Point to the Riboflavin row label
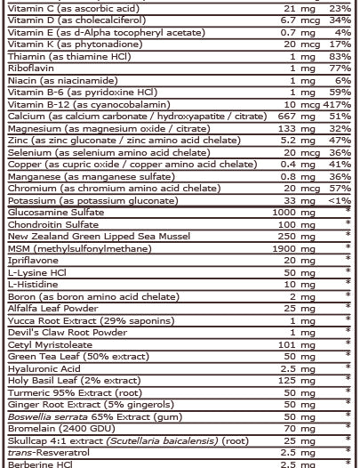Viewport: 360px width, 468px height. pyautogui.click(x=28, y=68)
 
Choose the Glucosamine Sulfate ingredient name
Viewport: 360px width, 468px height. pyautogui.click(x=55, y=213)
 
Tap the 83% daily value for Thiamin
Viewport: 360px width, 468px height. pyautogui.click(x=342, y=55)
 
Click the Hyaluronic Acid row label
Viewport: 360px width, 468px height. pyautogui.click(x=44, y=368)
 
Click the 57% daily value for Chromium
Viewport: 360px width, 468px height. pyautogui.click(x=342, y=189)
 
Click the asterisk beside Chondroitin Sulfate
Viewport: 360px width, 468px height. pyautogui.click(x=348, y=225)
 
